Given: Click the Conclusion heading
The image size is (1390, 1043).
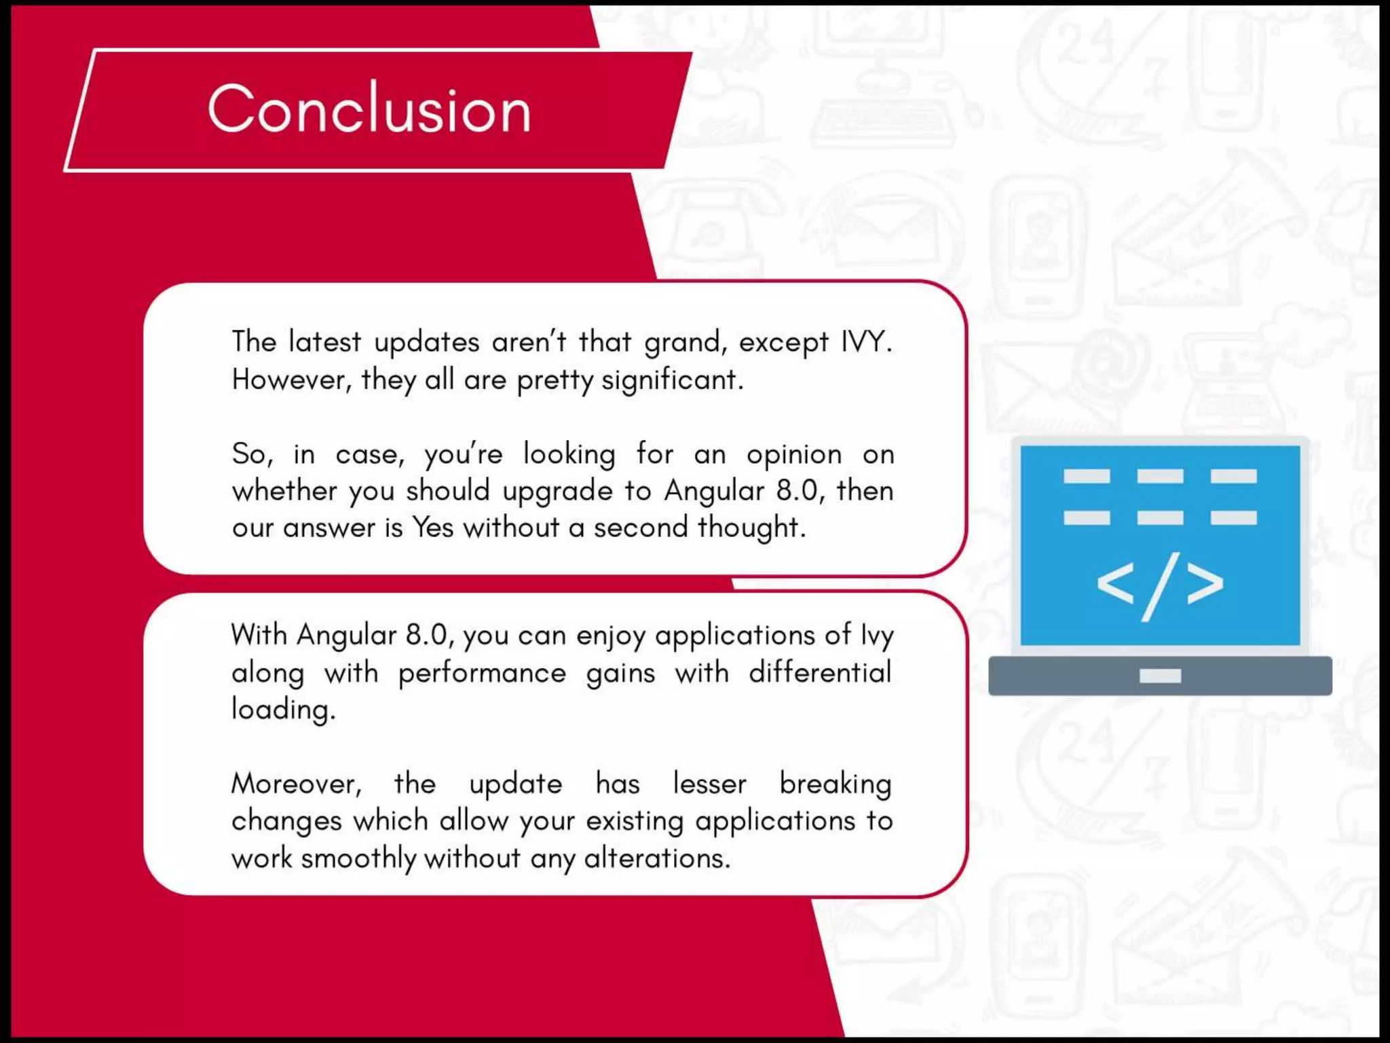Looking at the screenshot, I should pyautogui.click(x=369, y=109).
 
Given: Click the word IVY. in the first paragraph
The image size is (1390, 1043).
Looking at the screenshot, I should pyautogui.click(x=866, y=342).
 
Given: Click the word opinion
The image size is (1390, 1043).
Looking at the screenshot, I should pyautogui.click(x=794, y=454).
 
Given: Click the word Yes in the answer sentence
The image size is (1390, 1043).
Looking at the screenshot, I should pyautogui.click(x=432, y=527).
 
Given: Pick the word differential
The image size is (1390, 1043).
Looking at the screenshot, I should pyautogui.click(x=820, y=672).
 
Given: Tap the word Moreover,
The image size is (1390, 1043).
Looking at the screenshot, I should pyautogui.click(x=297, y=784).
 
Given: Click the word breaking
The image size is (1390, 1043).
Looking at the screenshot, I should pyautogui.click(x=835, y=784).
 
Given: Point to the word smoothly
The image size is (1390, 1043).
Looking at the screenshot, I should pyautogui.click(x=358, y=858).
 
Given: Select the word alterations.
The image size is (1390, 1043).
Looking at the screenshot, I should pyautogui.click(x=657, y=858).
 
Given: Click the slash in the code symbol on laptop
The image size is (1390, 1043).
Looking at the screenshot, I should pyautogui.click(x=1161, y=587).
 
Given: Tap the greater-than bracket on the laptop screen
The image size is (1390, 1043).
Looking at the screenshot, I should pyautogui.click(x=1205, y=583).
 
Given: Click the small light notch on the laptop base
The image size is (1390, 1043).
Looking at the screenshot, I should pyautogui.click(x=1160, y=676).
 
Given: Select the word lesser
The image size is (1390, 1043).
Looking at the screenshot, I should pyautogui.click(x=709, y=784).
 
